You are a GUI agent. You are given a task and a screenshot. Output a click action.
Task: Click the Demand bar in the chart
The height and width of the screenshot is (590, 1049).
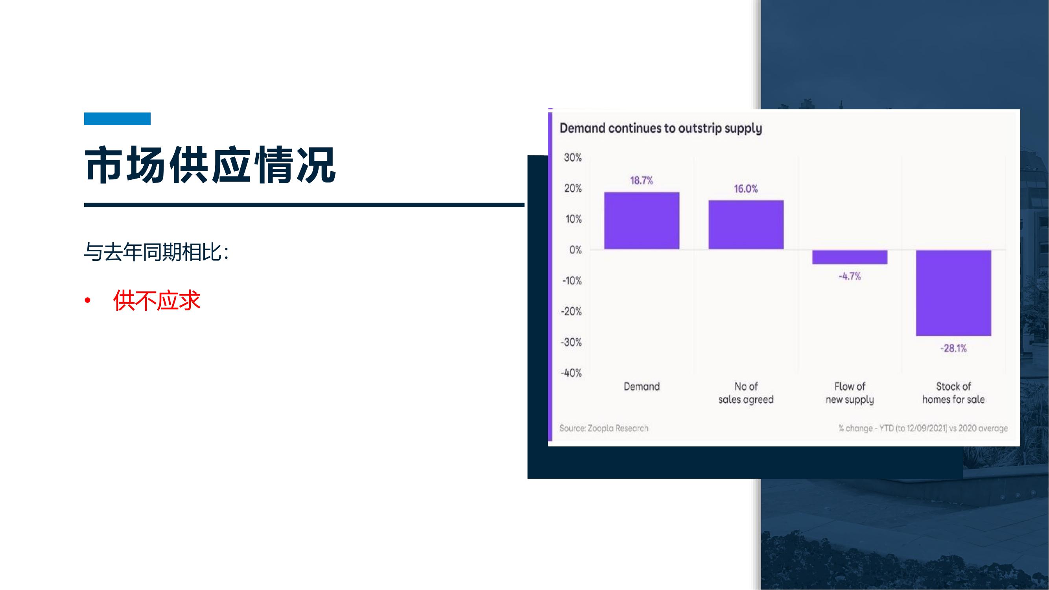click(642, 220)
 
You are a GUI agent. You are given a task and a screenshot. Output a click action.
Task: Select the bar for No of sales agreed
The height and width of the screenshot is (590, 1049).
click(746, 224)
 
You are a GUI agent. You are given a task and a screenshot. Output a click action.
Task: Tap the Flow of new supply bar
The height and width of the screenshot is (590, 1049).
click(850, 257)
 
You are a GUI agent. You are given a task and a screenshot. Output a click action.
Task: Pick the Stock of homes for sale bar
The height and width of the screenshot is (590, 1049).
click(954, 293)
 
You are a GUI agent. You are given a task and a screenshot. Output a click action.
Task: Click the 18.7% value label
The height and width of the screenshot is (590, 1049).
click(642, 181)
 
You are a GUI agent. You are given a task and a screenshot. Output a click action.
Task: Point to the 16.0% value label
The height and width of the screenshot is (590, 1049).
click(746, 189)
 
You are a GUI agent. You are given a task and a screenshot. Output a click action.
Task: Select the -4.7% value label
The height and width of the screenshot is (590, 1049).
click(850, 277)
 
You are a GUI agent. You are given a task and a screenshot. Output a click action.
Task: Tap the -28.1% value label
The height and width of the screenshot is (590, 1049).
click(954, 348)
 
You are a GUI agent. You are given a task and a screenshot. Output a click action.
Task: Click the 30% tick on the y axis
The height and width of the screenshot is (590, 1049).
click(573, 158)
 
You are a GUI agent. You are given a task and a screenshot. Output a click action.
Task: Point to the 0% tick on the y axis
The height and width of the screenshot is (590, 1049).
click(576, 250)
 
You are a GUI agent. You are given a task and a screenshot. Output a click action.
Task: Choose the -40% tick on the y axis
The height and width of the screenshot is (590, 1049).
click(572, 373)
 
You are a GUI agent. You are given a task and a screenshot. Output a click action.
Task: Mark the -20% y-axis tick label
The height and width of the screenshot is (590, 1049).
click(572, 312)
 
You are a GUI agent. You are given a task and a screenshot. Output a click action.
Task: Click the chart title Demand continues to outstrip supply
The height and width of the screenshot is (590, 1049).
click(661, 129)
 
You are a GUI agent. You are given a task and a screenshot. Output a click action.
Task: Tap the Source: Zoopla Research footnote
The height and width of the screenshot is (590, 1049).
click(604, 428)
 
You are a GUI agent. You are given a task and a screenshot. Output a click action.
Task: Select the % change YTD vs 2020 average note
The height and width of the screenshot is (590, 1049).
click(923, 428)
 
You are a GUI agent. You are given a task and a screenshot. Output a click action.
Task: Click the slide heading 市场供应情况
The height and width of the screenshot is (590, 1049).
click(210, 165)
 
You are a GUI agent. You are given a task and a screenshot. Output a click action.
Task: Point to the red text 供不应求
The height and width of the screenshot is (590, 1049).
click(157, 301)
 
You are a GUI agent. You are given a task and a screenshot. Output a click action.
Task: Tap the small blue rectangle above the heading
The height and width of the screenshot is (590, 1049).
click(117, 118)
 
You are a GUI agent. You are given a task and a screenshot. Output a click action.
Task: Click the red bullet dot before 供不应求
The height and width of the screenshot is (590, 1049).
click(87, 301)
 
